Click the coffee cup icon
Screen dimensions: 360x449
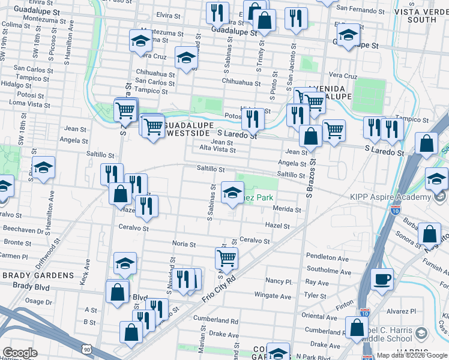click(382, 278)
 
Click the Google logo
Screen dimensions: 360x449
click(20, 353)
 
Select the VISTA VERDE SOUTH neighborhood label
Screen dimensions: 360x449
click(423, 16)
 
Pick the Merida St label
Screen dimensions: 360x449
click(286, 209)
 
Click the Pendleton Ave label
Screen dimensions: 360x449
click(327, 258)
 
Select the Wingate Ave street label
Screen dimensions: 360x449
click(273, 295)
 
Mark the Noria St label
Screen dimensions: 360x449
click(184, 244)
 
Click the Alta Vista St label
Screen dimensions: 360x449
click(215, 148)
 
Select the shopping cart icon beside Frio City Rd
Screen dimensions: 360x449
click(227, 259)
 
